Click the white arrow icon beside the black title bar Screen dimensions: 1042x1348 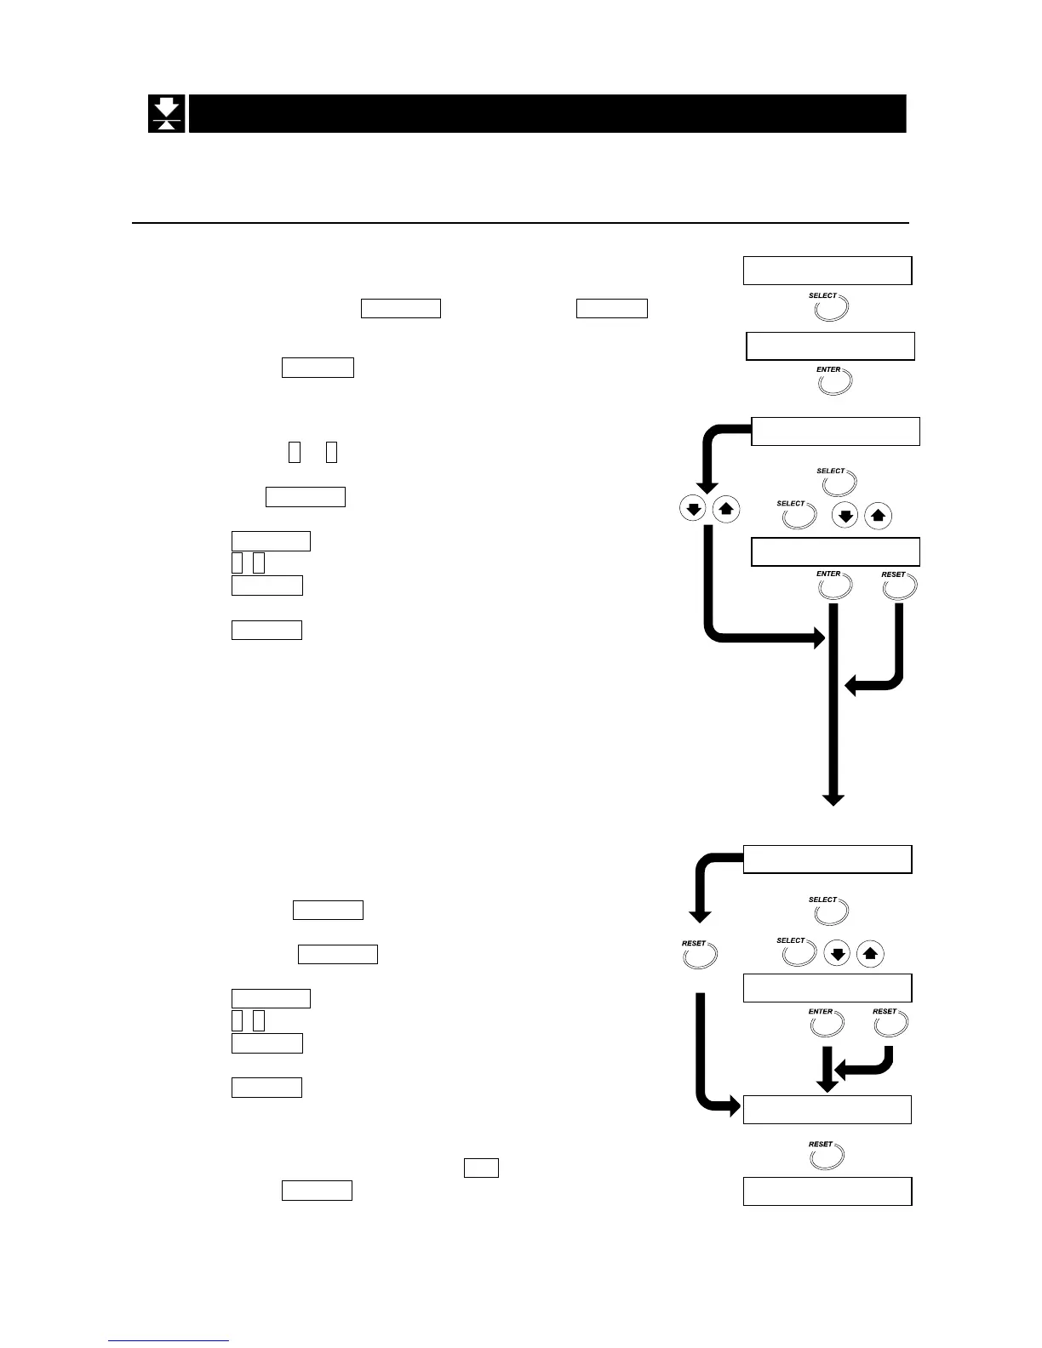tap(167, 113)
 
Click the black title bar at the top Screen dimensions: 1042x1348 tap(547, 113)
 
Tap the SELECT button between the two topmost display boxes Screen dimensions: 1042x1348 tap(830, 307)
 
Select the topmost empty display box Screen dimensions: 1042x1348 tap(827, 270)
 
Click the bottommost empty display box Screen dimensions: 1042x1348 tap(827, 1191)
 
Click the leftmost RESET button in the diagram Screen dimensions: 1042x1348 tap(701, 955)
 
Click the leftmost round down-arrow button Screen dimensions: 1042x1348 tap(693, 510)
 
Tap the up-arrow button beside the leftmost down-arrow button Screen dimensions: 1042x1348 tap(724, 510)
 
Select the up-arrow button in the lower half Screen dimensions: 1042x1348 tap(869, 954)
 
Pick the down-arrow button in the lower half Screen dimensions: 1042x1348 tap(838, 954)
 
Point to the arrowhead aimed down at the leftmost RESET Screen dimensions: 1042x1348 tap(700, 917)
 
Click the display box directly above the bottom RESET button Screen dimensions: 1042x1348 tap(827, 1110)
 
